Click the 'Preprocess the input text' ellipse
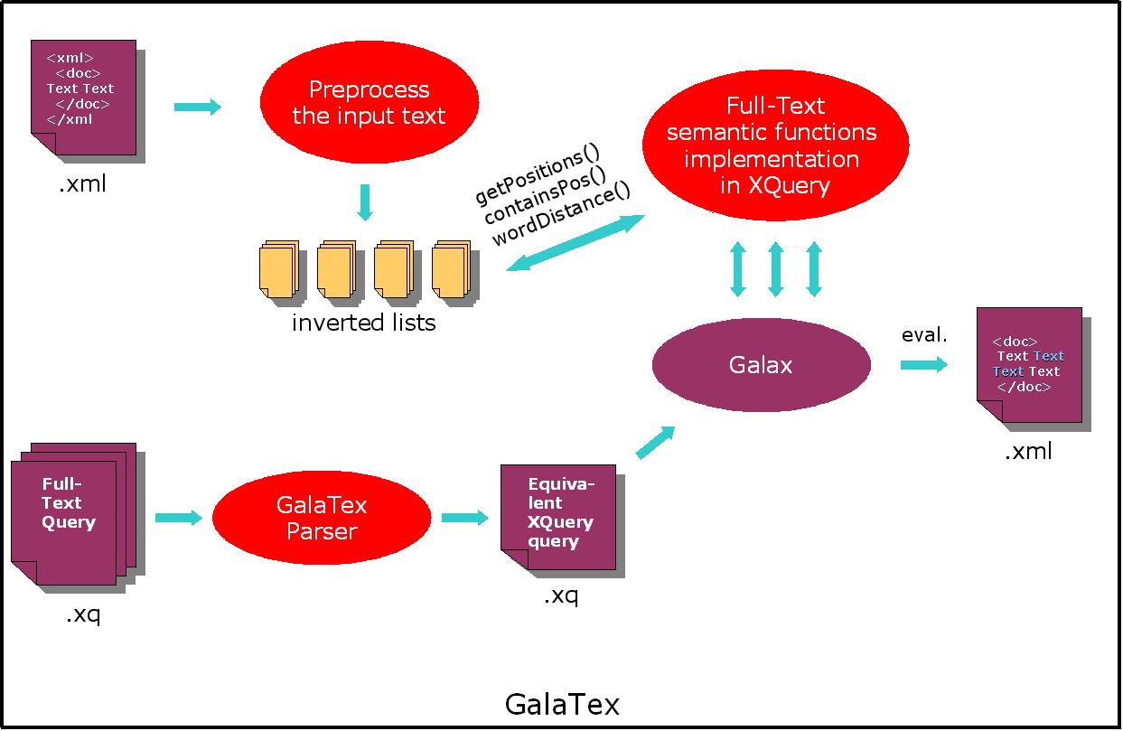[x=369, y=103]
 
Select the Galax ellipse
[x=761, y=364]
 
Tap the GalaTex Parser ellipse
[x=322, y=518]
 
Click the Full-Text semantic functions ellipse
[x=774, y=145]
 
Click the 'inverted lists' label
[x=363, y=323]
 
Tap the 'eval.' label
[x=923, y=335]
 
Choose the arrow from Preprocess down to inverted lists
[x=364, y=201]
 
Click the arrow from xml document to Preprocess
[x=197, y=107]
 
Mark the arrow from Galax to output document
[x=923, y=364]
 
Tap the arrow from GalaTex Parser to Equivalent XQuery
[x=464, y=518]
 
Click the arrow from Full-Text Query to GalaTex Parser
[x=178, y=518]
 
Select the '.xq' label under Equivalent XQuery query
[x=560, y=595]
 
